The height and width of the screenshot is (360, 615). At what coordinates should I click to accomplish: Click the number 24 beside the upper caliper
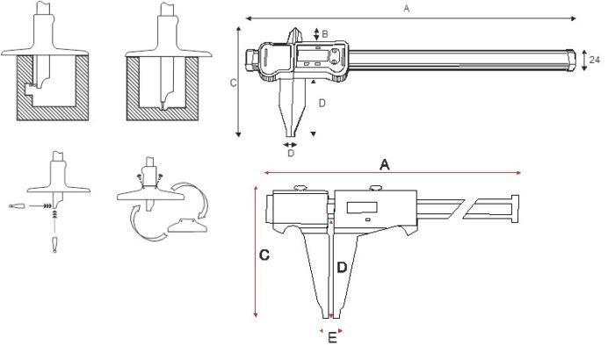595,60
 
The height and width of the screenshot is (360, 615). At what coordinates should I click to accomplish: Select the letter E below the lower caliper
331,337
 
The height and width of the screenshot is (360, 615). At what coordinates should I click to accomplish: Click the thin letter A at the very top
406,9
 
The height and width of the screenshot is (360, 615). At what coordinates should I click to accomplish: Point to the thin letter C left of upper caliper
232,83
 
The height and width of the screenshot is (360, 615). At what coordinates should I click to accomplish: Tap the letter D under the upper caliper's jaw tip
291,153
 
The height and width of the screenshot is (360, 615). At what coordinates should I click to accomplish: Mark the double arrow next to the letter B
316,33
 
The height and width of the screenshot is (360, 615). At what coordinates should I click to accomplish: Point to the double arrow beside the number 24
584,60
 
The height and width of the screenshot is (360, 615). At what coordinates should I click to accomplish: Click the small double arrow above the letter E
331,330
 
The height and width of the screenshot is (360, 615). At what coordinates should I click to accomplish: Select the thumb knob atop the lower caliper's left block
299,186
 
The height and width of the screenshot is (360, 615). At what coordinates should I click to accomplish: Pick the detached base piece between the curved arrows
188,227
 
